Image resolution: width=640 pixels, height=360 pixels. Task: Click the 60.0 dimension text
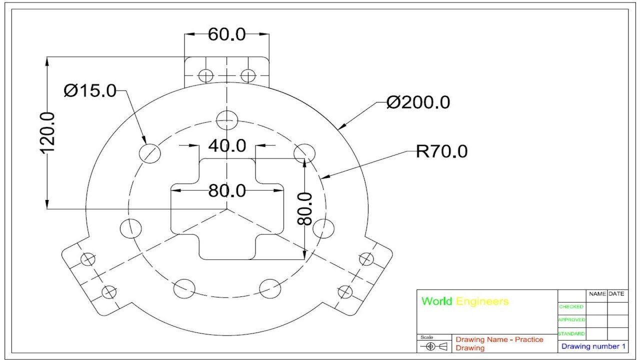point(226,34)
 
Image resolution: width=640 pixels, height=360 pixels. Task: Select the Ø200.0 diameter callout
point(418,102)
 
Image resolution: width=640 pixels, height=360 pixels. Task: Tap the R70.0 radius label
point(441,151)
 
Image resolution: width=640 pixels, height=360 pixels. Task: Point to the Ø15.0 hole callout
point(90,91)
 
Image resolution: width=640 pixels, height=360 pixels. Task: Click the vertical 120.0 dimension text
point(47,132)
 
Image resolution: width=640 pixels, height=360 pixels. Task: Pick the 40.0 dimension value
point(227,146)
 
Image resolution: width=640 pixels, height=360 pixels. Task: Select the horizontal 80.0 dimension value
point(227,190)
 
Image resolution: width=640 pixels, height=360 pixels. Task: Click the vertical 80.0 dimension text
point(304,208)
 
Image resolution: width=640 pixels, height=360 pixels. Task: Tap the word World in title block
point(436,301)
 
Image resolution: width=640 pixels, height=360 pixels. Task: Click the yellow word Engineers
point(482,301)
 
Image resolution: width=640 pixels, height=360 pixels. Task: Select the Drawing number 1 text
point(593,346)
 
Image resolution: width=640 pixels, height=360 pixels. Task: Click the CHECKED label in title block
point(570,307)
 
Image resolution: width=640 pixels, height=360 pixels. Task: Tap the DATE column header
point(616,294)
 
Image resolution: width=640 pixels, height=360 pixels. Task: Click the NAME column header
point(597,294)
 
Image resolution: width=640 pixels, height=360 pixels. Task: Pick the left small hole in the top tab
point(205,75)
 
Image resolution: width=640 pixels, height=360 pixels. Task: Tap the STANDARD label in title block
point(571,333)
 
